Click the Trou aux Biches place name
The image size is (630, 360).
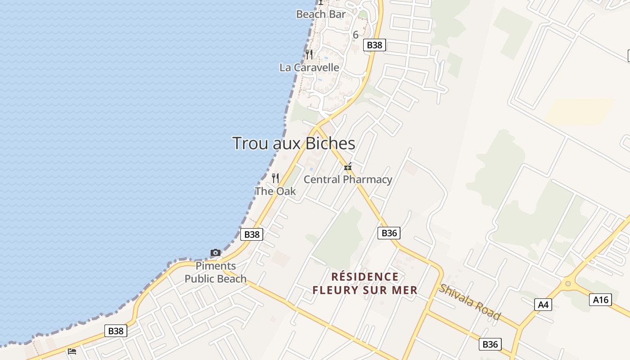click(294, 144)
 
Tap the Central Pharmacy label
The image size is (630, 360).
click(348, 180)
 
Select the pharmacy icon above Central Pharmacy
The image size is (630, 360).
click(347, 167)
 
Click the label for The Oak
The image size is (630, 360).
click(275, 191)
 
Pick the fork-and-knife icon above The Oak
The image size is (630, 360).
click(275, 178)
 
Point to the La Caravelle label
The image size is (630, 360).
click(309, 67)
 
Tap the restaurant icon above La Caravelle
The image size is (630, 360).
click(309, 54)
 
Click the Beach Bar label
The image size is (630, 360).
click(321, 14)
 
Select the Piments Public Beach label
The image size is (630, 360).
click(216, 272)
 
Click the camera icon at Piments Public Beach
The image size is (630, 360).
click(216, 253)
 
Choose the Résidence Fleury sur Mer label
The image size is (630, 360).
click(365, 283)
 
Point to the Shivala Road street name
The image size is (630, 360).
click(470, 302)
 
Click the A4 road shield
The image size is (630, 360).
click(543, 305)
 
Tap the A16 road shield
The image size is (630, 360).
click(601, 300)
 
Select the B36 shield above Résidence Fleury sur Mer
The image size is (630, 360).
click(389, 233)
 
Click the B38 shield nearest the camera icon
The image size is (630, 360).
click(252, 234)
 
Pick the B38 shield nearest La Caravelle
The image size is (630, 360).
click(374, 45)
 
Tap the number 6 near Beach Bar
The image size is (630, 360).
click(355, 35)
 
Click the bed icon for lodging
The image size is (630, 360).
click(72, 351)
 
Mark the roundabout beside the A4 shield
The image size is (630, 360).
click(568, 283)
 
